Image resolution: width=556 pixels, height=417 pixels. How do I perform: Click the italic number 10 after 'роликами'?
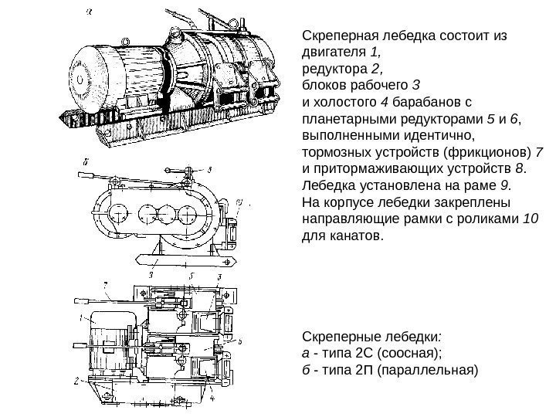click(x=531, y=219)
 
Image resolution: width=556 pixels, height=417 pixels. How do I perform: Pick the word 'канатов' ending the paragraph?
click(x=352, y=235)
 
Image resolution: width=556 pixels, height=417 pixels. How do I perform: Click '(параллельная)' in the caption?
click(x=432, y=369)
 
